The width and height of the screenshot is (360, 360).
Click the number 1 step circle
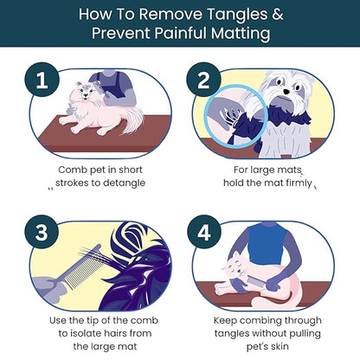tap(42, 80)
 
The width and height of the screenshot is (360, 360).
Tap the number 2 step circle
tap(203, 80)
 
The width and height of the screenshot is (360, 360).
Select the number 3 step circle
tap(42, 232)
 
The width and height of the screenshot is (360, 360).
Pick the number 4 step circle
tap(204, 232)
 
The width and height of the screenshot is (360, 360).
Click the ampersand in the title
tap(277, 14)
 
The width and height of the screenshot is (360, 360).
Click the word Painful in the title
tap(181, 33)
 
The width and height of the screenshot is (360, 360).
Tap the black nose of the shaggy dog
tap(286, 92)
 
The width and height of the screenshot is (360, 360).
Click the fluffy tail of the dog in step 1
tap(132, 120)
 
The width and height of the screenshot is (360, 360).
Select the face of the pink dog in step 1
tap(85, 92)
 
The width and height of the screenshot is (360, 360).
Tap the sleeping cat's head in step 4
tap(236, 266)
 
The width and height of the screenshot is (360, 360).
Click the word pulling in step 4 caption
tap(305, 334)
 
